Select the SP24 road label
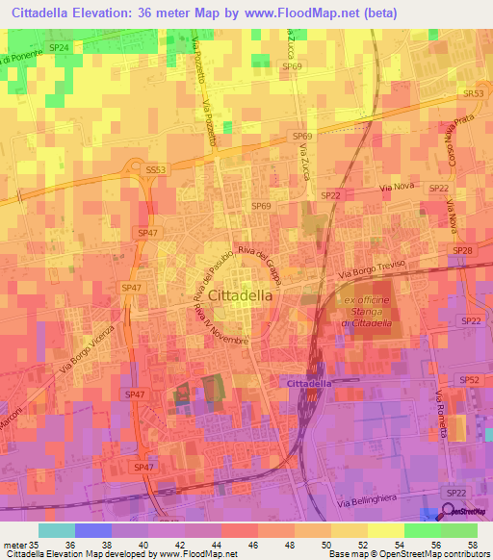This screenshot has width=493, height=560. click(59, 47)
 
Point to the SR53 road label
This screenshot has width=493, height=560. click(472, 94)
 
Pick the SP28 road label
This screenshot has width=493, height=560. click(463, 250)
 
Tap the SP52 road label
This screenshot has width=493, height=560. click(470, 380)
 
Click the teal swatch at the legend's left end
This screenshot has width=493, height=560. click(57, 530)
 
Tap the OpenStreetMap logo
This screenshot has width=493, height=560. click(455, 514)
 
